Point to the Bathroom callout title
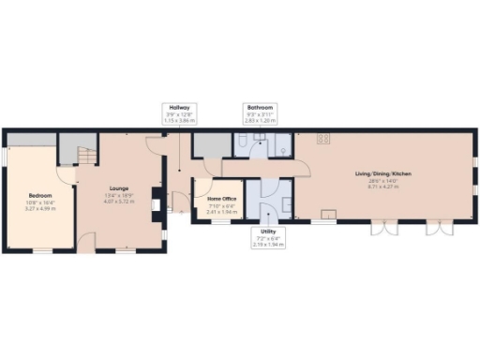click(x=259, y=108)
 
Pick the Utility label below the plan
click(x=268, y=230)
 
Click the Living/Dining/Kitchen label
click(x=382, y=173)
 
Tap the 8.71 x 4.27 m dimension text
click(x=382, y=187)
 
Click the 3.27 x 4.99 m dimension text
click(x=38, y=207)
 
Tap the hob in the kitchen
click(x=322, y=139)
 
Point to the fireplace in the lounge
click(x=157, y=201)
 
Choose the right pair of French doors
click(x=437, y=228)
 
